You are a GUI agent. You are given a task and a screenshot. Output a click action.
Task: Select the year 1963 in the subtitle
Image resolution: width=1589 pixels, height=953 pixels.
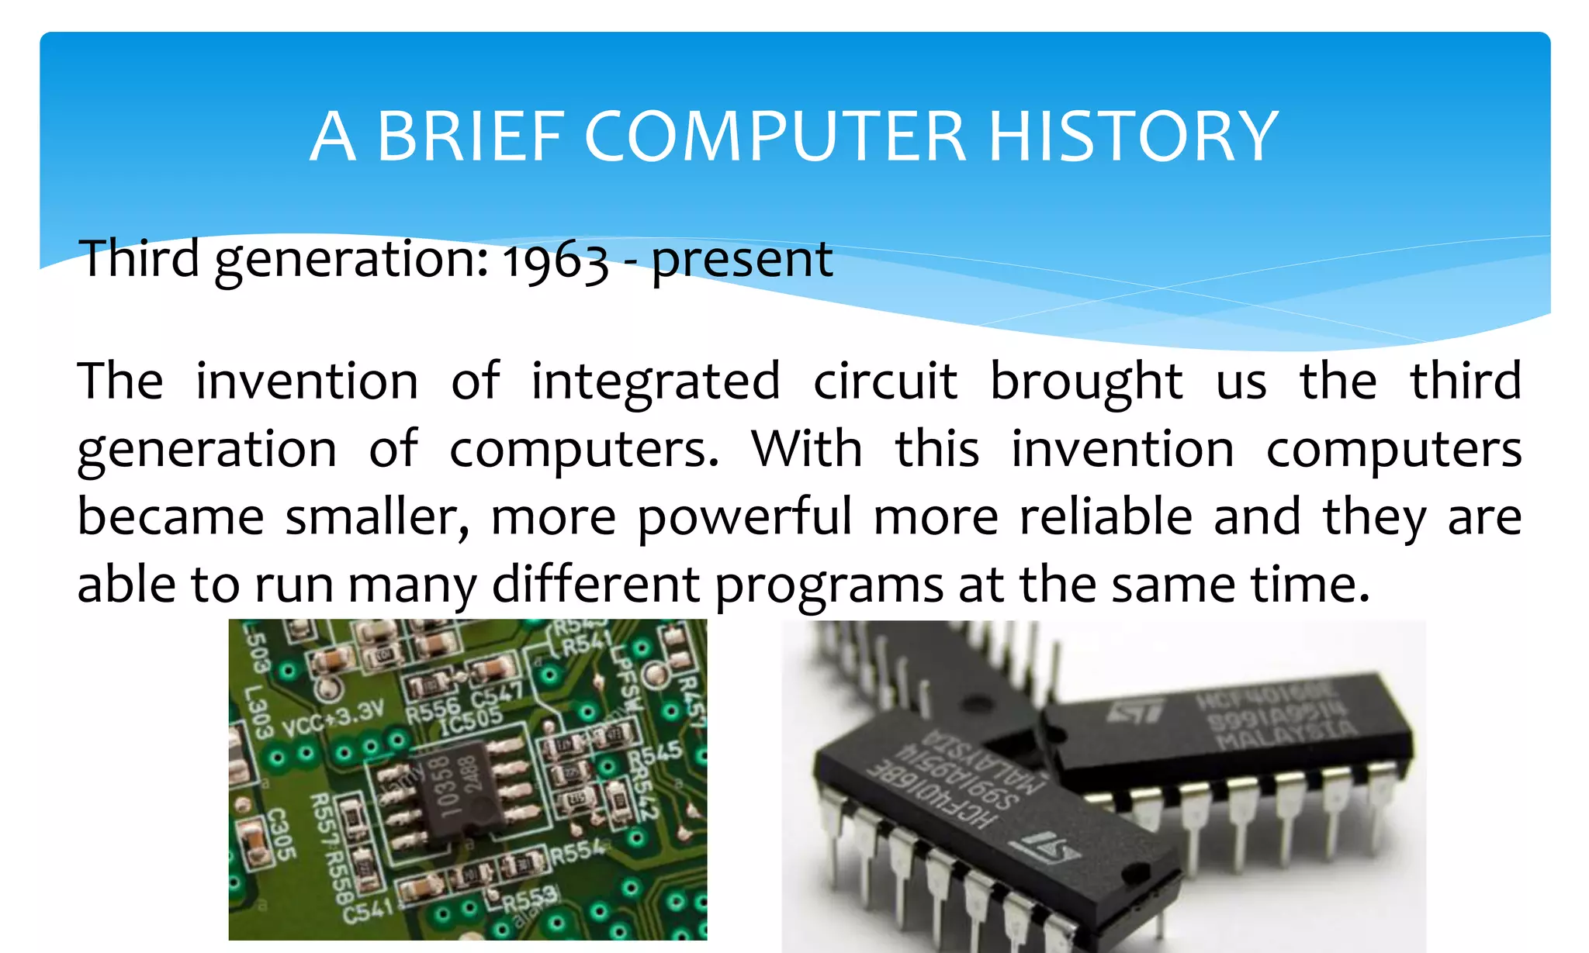tap(555, 261)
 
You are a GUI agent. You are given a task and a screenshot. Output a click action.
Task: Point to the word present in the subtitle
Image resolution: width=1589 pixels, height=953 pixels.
tap(742, 261)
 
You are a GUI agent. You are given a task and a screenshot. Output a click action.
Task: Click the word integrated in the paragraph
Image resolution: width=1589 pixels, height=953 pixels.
tap(656, 382)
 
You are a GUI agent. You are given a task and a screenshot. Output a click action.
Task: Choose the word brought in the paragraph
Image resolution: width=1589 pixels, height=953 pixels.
tap(1086, 382)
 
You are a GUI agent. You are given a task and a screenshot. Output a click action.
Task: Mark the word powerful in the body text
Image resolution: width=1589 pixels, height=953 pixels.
tap(744, 518)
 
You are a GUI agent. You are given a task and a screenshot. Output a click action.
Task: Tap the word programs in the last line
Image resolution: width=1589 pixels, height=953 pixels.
tap(829, 585)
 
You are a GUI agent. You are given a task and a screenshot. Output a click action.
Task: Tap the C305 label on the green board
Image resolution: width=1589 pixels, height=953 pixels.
tap(280, 834)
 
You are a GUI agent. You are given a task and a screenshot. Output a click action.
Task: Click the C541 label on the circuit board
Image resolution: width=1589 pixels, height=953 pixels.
tap(369, 909)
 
